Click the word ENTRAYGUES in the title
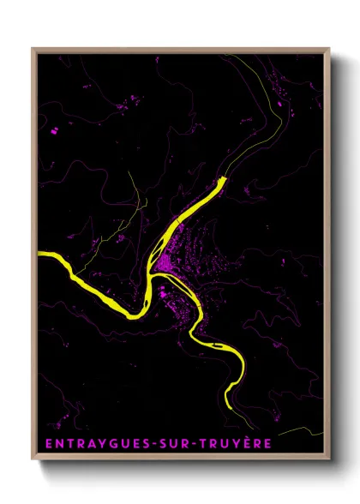tap(91, 444)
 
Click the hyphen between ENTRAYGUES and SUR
tap(147, 444)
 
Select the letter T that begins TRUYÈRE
tap(201, 444)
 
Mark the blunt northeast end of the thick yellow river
tap(225, 179)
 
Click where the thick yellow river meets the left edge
tap(39, 255)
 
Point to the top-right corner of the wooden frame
tap(330, 49)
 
